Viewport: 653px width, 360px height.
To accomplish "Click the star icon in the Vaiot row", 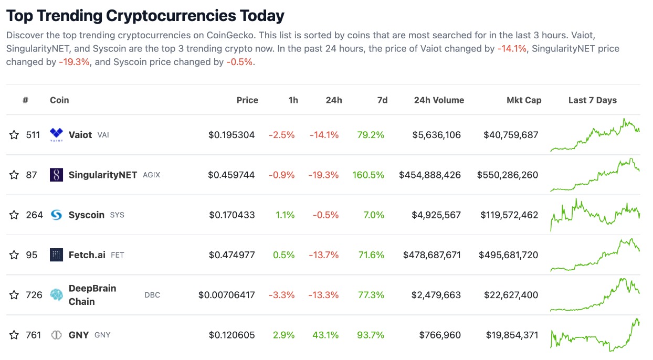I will (x=14, y=135).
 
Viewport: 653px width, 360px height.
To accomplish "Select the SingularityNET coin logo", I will (x=56, y=175).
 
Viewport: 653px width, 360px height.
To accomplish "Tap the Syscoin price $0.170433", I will (x=231, y=215).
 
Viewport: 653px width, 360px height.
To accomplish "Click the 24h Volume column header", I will (x=439, y=100).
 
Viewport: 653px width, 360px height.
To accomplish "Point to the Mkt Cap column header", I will (x=524, y=100).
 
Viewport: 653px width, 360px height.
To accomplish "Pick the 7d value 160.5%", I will (x=368, y=175).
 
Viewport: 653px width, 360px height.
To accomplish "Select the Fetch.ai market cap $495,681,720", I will (x=508, y=255).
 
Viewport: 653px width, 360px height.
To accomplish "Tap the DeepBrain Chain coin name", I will (x=92, y=295).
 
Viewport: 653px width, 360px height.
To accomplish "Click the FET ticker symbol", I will (x=118, y=255).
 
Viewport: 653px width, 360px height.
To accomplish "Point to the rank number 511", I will (x=33, y=135).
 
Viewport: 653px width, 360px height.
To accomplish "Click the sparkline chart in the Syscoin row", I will (x=595, y=214).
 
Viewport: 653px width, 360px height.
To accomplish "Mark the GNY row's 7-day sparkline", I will (x=595, y=334).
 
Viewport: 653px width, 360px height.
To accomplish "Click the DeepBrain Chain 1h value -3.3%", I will (x=282, y=295).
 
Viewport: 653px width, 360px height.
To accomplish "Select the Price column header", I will (x=247, y=100).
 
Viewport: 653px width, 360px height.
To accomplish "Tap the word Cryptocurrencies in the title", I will (x=171, y=16).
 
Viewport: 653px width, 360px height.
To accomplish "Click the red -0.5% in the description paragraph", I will (x=240, y=62).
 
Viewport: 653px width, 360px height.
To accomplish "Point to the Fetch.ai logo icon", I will (x=56, y=255).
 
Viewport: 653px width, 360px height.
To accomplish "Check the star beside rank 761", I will (x=14, y=335).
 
